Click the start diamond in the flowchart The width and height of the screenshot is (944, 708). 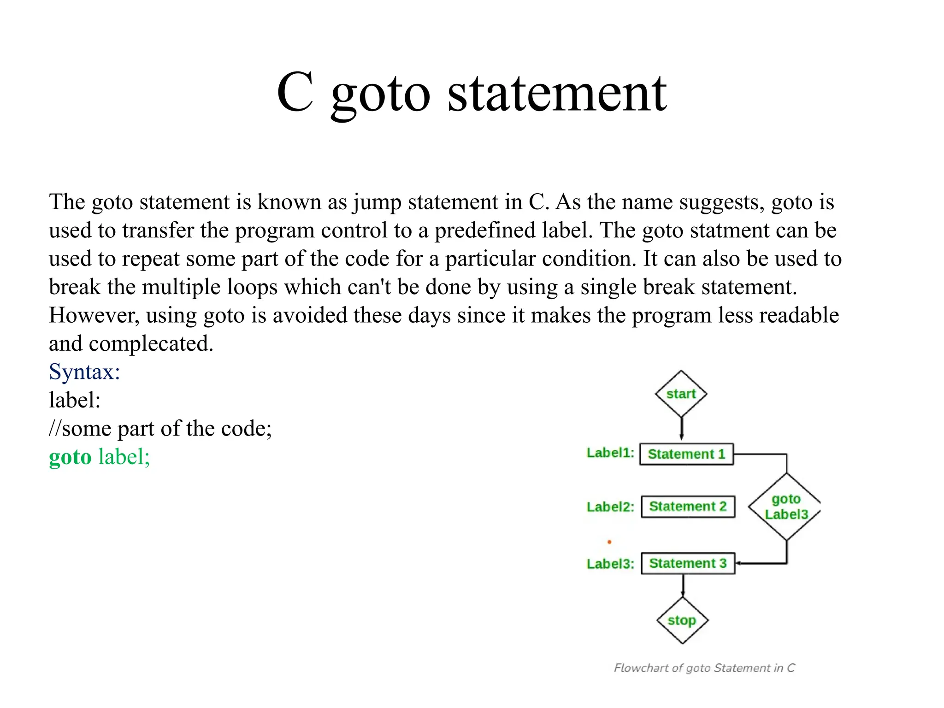pos(681,394)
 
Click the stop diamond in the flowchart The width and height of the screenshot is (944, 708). pos(682,620)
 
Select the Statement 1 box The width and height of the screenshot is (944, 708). pos(686,454)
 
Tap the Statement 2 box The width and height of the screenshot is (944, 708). pos(688,507)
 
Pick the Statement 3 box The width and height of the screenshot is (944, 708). pos(688,563)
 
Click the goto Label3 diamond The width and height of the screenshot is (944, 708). pos(786,507)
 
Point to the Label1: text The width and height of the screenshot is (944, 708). pos(610,453)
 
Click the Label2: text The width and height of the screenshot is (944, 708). pos(610,507)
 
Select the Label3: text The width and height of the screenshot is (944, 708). pos(610,564)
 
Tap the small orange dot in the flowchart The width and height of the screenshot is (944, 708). pos(609,542)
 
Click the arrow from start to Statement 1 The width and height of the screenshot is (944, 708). pos(681,428)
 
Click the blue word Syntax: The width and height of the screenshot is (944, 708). pos(84,372)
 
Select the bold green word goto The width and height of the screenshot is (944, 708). pos(70,457)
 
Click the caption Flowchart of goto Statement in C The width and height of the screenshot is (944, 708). pos(704,668)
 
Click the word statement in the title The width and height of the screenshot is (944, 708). pos(557,94)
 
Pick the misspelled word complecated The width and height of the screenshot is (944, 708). pos(151,344)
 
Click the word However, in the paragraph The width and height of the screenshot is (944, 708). pos(94,316)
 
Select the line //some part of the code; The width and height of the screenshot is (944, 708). pos(160,429)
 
